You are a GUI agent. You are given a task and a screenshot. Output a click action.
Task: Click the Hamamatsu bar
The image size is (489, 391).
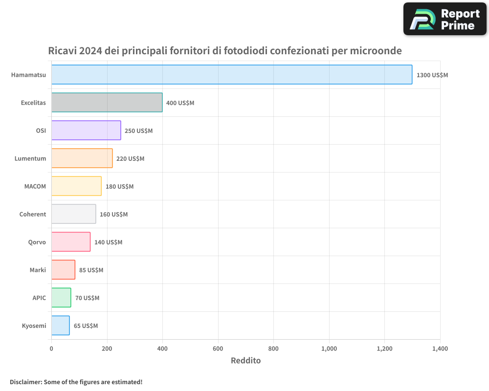[232, 75]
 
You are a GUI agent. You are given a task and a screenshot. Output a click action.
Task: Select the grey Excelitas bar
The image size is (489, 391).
[107, 103]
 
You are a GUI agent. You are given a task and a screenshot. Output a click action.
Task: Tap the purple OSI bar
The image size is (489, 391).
[86, 130]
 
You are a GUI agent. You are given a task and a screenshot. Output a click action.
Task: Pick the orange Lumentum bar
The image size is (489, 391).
[82, 158]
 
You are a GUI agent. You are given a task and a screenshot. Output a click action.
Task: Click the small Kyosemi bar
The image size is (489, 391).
[60, 326]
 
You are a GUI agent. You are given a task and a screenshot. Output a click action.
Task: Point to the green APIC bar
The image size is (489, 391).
[61, 298]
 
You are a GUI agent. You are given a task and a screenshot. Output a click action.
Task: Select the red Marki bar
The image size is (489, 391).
[63, 270]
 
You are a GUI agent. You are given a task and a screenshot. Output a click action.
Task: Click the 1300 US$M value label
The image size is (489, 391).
[432, 75]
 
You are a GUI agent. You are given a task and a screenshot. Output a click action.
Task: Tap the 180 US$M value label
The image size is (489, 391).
[119, 187]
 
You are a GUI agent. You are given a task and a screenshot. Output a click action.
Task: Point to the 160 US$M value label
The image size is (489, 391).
[113, 215]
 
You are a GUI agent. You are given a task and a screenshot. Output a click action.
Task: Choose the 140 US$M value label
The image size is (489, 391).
[108, 242]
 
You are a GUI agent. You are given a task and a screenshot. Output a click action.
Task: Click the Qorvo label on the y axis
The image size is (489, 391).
[37, 242]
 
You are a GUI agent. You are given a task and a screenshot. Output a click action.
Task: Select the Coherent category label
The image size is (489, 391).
[33, 214]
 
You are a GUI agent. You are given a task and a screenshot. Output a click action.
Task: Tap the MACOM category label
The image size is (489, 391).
[35, 186]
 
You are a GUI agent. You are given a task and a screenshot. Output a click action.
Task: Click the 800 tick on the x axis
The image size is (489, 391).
[274, 349]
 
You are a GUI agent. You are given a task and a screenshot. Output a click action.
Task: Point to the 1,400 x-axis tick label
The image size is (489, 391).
[440, 349]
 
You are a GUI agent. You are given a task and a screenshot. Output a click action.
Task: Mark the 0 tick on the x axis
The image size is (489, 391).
[51, 349]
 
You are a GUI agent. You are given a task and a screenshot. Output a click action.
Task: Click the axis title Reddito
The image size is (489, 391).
[245, 361]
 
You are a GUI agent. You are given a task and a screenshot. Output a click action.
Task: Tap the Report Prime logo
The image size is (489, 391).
[445, 19]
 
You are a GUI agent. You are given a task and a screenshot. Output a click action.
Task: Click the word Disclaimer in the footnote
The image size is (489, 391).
[25, 382]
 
